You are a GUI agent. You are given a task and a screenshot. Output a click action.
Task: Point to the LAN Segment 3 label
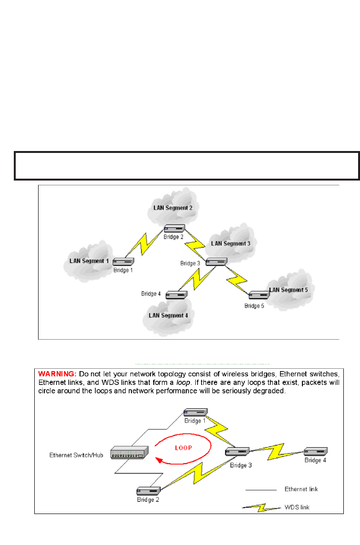(230, 243)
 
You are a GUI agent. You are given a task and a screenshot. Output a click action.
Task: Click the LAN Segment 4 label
(168, 315)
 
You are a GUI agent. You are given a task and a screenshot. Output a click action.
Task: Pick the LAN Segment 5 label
(289, 290)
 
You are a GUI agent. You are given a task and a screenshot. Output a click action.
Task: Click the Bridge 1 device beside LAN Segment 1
(123, 261)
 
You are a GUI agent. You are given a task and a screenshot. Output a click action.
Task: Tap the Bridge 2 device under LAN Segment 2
(174, 228)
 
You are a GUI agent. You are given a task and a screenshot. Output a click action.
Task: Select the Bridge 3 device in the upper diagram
(216, 262)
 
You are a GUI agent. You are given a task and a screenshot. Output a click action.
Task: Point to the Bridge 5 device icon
(259, 295)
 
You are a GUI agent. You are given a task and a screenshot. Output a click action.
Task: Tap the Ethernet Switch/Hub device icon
(130, 453)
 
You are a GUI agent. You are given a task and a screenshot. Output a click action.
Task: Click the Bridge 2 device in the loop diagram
(147, 491)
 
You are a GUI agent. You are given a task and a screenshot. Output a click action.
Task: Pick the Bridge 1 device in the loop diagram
(196, 412)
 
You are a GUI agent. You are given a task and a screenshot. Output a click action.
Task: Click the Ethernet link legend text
(301, 489)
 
